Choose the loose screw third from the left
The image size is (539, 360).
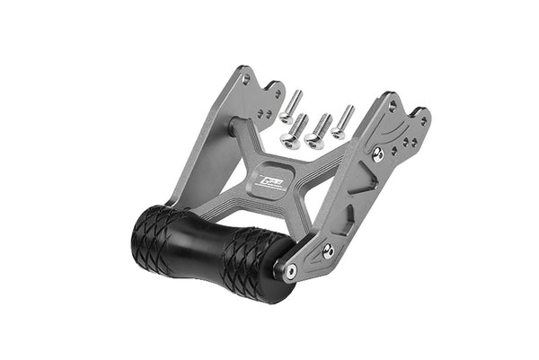[x=317, y=132]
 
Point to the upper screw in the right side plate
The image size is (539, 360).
[x=378, y=154]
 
